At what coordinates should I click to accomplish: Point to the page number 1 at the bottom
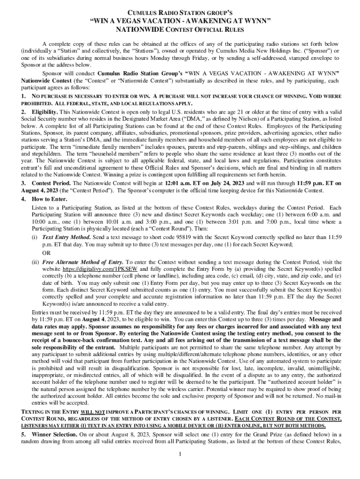pos(180,455)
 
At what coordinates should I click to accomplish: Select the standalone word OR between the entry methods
pos(46,253)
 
